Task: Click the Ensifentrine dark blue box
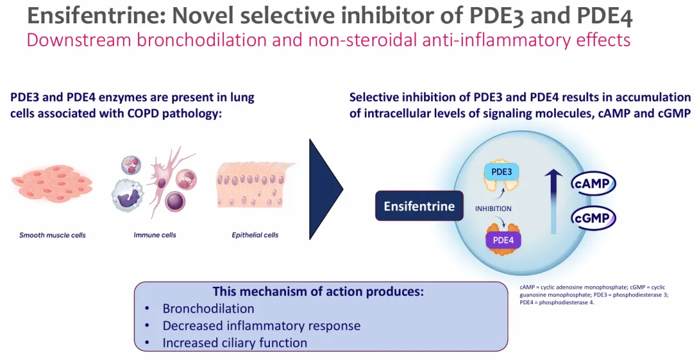coord(419,206)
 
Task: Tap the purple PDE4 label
coord(503,240)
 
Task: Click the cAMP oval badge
coord(593,184)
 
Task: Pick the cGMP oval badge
coord(593,218)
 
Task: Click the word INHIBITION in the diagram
coord(493,208)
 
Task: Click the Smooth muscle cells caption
coord(52,235)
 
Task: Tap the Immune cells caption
coord(155,235)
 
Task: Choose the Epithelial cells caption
coord(255,235)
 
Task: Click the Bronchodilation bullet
coord(208,308)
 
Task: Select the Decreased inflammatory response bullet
coord(261,326)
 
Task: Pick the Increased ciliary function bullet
coord(234,343)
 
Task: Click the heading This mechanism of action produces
coord(318,291)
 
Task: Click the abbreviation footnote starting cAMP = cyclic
coord(592,295)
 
